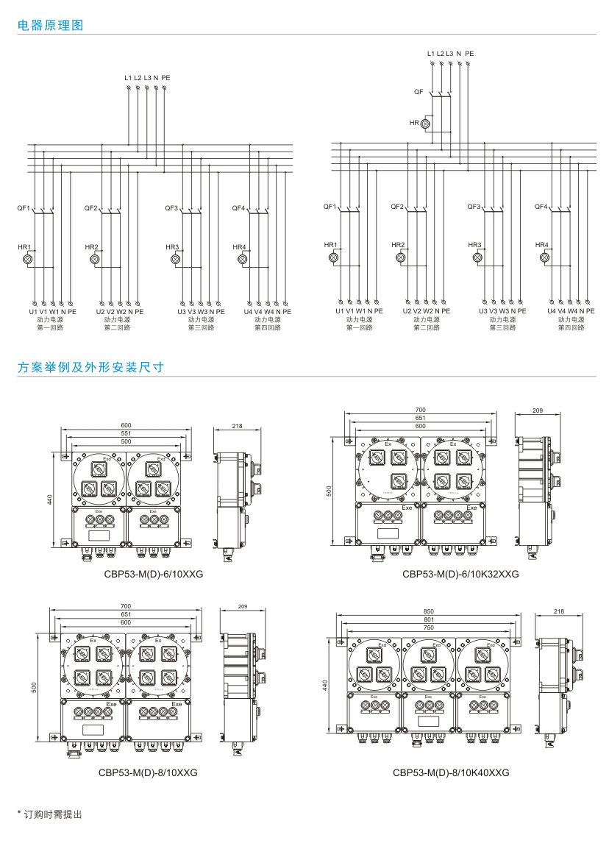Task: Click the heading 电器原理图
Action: pos(51,25)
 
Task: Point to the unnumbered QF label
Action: pos(419,92)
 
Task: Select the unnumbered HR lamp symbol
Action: pos(425,124)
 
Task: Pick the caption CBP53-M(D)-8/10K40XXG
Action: pos(451,772)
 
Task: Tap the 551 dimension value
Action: pos(127,433)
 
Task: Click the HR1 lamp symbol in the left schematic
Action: pos(29,259)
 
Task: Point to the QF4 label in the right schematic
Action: pos(541,207)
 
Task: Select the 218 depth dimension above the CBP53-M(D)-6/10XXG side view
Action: pos(237,426)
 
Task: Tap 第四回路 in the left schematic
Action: pos(267,327)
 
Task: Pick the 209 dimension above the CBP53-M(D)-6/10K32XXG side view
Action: pos(537,410)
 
